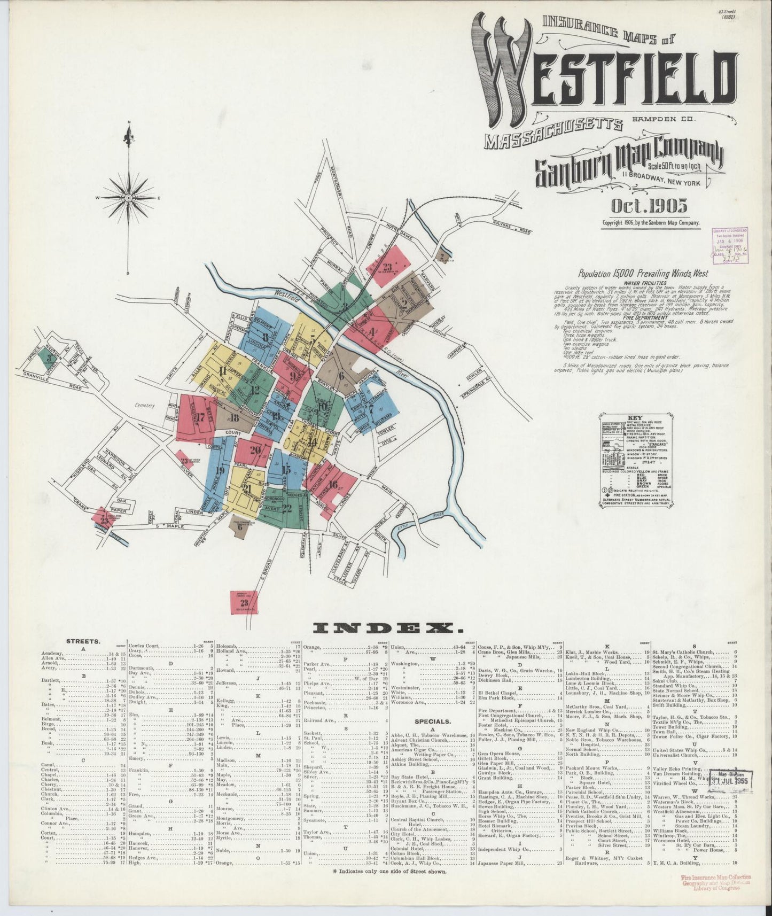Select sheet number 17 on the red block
pyautogui.click(x=201, y=417)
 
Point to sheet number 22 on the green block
pyautogui.click(x=287, y=508)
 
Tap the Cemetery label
pyautogui.click(x=144, y=406)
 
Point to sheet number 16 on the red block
pyautogui.click(x=333, y=485)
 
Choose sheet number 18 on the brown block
pyautogui.click(x=234, y=418)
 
